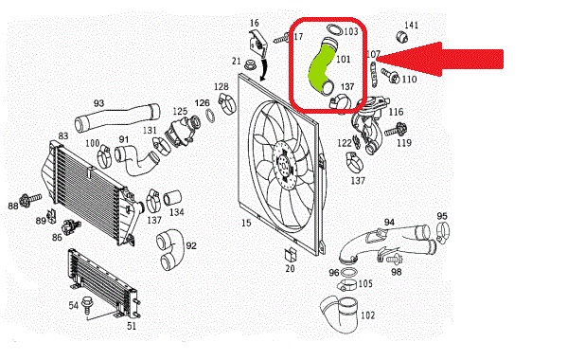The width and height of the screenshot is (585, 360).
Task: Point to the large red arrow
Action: pos(440,59)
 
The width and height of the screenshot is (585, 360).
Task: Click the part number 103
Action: pos(350,31)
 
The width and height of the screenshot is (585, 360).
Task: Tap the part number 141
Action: pos(411,25)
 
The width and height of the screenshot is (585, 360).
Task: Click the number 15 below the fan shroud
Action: pos(246,223)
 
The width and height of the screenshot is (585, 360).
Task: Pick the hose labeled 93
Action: pos(116,116)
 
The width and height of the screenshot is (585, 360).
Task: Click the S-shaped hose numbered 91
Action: pos(136,160)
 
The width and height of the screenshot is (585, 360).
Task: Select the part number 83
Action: pos(63,135)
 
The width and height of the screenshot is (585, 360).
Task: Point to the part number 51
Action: pos(132,326)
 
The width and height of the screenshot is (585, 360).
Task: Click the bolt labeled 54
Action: pos(87,303)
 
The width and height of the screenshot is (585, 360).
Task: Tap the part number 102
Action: pos(367,315)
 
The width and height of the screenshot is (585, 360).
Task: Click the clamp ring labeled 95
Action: pos(443,232)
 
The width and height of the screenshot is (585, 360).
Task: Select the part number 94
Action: pos(389,223)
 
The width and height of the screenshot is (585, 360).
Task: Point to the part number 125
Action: pos(180,111)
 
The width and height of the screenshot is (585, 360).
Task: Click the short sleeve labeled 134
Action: pos(172,198)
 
